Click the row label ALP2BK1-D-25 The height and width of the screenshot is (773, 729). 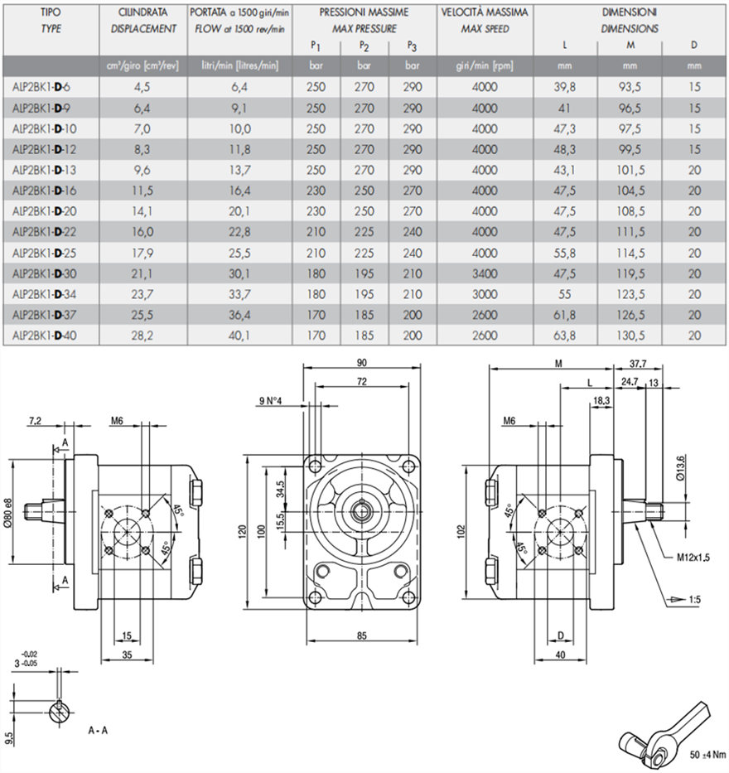46,251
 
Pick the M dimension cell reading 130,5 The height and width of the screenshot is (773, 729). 632,336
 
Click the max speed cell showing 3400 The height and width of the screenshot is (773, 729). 485,273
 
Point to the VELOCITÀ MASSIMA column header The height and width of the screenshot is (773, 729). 485,14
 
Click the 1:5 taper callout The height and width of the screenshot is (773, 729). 693,597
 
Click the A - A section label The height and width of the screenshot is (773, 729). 99,732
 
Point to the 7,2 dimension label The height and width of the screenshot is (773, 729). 35,421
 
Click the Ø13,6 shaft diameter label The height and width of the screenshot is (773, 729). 680,468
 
